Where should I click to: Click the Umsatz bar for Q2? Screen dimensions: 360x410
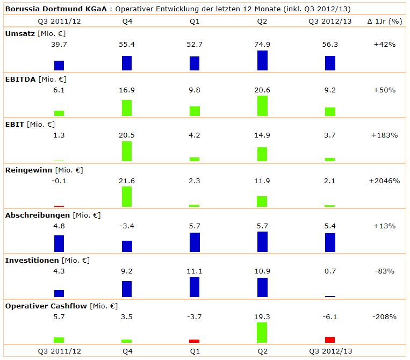pos(262,60)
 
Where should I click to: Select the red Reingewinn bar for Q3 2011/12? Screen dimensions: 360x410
pos(59,206)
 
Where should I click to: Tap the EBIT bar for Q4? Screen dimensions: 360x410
pos(127,151)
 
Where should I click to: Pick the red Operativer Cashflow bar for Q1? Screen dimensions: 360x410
pos(195,341)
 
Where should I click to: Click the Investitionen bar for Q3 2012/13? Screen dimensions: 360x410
pos(330,296)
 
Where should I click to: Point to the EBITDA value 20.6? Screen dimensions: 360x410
pos(262,90)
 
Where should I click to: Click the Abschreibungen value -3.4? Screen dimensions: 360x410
pos(127,226)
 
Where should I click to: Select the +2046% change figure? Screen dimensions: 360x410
pos(384,181)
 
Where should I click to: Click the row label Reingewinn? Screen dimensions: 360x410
pos(28,170)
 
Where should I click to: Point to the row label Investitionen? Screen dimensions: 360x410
pos(32,260)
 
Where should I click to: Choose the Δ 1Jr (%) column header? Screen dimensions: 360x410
pos(385,21)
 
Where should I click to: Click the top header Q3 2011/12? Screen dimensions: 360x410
pos(59,21)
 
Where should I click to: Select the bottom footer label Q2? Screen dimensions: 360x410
pos(262,351)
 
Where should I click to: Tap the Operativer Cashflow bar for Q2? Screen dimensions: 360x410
pos(262,332)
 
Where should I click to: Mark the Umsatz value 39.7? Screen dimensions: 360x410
pos(59,44)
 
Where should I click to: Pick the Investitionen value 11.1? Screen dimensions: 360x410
pos(195,271)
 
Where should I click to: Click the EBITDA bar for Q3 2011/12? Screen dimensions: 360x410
pos(59,113)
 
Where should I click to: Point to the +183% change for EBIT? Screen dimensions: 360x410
pos(384,135)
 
